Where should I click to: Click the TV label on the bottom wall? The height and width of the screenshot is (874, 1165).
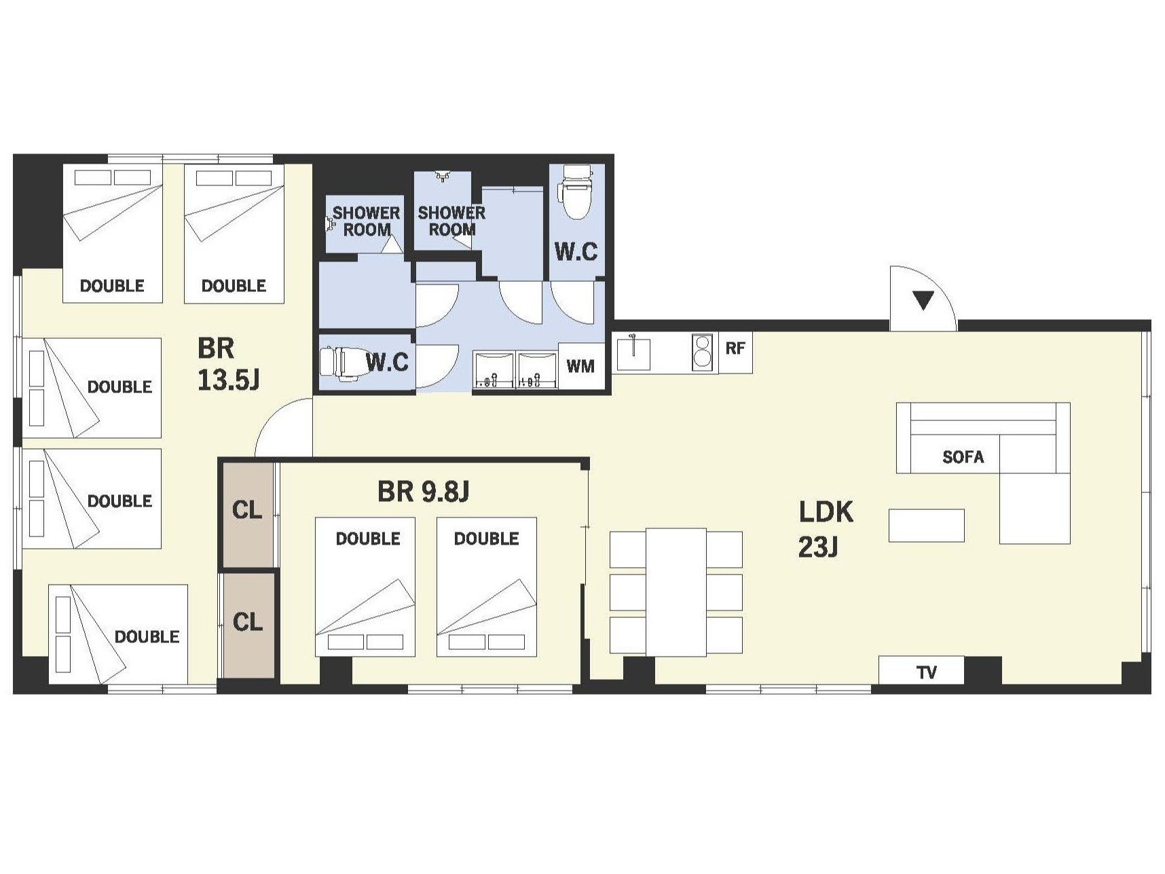[926, 672]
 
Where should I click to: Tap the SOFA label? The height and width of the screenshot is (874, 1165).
[963, 456]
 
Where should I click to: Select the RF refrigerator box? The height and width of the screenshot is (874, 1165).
[735, 352]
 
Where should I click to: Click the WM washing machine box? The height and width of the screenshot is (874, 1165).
[580, 366]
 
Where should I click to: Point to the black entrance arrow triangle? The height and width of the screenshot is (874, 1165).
[923, 299]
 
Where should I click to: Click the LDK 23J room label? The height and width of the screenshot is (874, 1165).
[826, 528]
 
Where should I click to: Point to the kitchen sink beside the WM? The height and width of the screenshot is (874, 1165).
[633, 352]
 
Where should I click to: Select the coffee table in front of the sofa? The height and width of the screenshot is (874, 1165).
[927, 526]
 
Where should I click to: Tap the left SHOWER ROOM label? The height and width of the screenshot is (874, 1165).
[367, 221]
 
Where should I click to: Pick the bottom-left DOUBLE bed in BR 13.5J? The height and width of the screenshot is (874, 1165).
[118, 634]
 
